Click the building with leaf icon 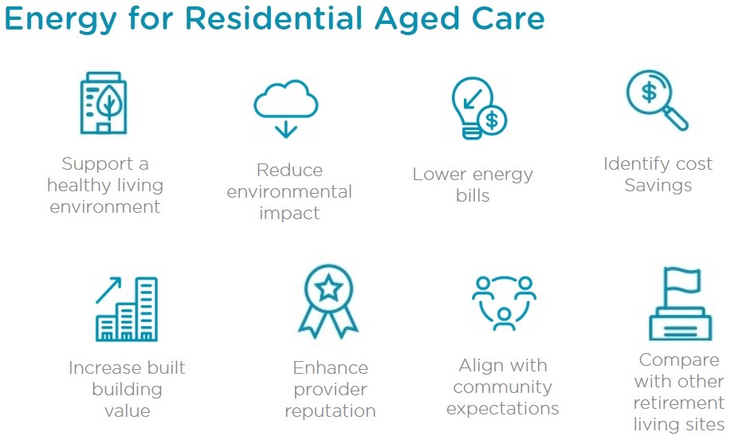click(104, 102)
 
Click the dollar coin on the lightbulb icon click(492, 120)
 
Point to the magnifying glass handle click(676, 118)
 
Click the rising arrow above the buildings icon click(108, 290)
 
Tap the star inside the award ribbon click(329, 288)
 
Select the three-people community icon click(504, 303)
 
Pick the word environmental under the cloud click(289, 192)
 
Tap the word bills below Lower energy click(473, 196)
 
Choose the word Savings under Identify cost click(658, 186)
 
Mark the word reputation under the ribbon click(330, 411)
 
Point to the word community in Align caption click(502, 387)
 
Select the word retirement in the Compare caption click(679, 403)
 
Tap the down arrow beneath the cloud click(285, 130)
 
